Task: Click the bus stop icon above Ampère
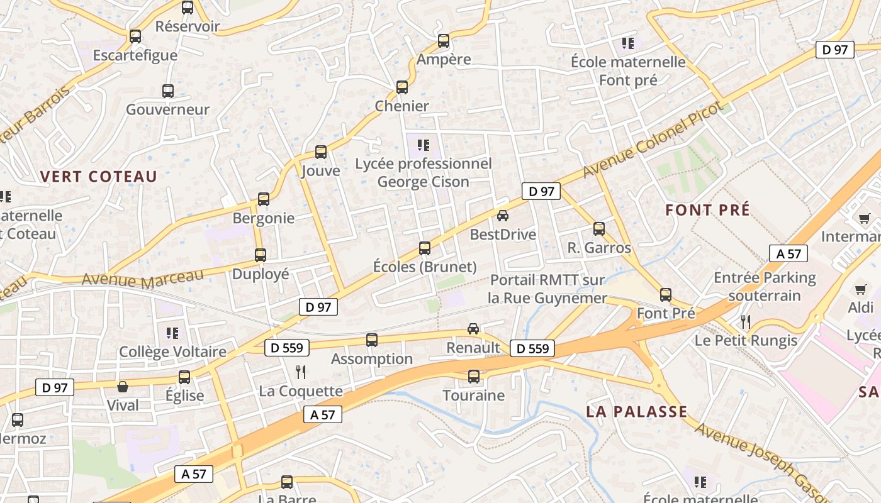click(x=444, y=41)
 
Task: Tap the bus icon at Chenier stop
click(x=402, y=87)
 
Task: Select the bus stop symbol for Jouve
click(x=321, y=152)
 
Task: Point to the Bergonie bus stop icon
click(x=264, y=199)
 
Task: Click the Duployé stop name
click(x=261, y=274)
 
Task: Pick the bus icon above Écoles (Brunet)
click(x=425, y=248)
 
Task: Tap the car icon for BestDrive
click(x=503, y=216)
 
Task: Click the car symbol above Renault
click(x=473, y=328)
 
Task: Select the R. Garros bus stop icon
click(x=599, y=229)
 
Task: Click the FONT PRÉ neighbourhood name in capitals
click(x=708, y=210)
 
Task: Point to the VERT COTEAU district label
click(x=99, y=177)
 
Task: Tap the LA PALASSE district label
click(x=637, y=412)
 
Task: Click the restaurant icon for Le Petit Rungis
click(x=746, y=322)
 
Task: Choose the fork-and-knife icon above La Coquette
click(x=301, y=372)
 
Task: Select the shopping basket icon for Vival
click(x=123, y=387)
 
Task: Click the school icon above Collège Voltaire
click(x=172, y=333)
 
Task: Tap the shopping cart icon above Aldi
click(x=861, y=289)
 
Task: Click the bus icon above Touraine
click(x=474, y=377)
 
